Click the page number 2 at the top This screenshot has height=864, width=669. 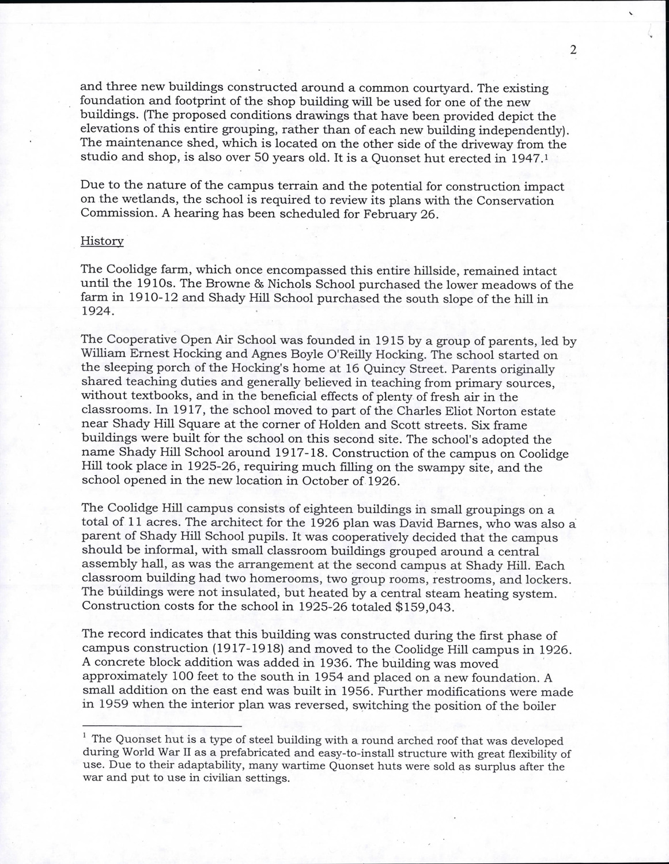[573, 50]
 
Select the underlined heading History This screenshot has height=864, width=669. [102, 241]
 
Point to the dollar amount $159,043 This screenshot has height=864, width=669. [426, 607]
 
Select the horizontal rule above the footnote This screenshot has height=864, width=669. [162, 726]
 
